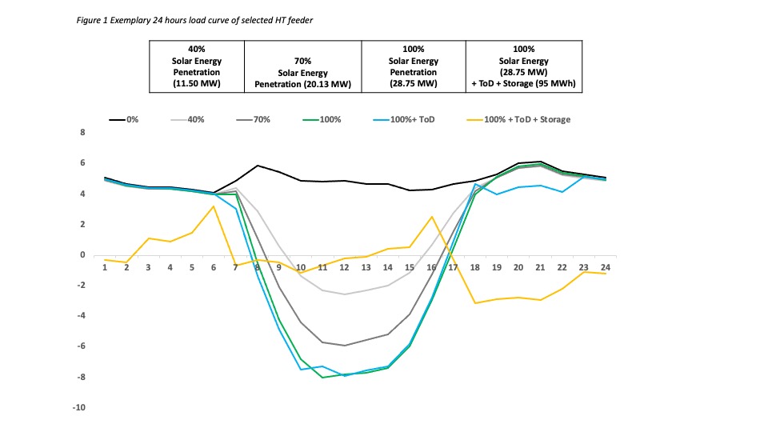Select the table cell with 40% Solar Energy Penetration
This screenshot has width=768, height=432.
196,66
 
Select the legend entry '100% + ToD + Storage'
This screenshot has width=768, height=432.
520,119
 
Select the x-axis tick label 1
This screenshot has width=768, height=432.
105,268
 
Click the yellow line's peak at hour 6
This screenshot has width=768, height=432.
214,206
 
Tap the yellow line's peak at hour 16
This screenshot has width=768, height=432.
432,217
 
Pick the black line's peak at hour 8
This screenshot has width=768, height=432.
257,166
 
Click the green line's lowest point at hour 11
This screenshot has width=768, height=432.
322,378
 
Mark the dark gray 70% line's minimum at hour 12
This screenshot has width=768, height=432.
345,346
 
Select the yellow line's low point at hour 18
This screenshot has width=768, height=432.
475,303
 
